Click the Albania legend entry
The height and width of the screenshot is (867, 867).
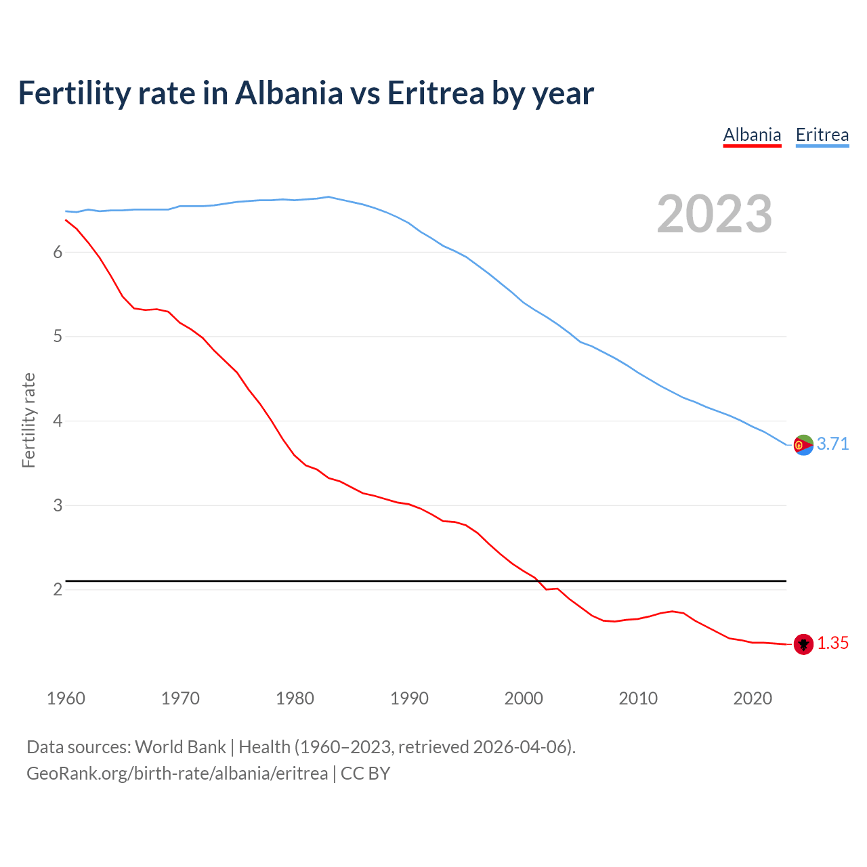point(752,135)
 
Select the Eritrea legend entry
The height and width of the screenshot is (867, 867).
point(822,135)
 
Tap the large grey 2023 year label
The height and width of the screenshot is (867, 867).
point(715,214)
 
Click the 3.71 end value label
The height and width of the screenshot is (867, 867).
point(832,444)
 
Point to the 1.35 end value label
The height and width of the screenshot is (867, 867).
point(832,643)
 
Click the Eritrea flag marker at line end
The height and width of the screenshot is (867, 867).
point(803,445)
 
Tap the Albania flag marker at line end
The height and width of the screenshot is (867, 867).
point(803,644)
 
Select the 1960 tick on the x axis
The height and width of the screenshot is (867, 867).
point(66,698)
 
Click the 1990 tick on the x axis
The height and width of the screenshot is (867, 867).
point(409,698)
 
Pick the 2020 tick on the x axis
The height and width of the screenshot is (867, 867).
point(753,698)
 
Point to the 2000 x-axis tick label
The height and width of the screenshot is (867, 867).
point(524,698)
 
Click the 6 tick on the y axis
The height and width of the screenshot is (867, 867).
point(58,253)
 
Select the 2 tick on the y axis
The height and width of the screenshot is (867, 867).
point(58,590)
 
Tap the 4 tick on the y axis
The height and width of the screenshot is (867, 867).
point(58,421)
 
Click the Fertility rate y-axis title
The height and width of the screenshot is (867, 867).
point(28,420)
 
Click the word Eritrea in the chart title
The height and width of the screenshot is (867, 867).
point(435,93)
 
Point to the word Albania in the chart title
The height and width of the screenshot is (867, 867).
point(289,93)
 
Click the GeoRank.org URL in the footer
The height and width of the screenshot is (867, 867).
point(177,774)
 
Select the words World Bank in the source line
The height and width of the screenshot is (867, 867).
point(180,747)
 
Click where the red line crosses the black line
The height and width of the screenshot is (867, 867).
point(538,580)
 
